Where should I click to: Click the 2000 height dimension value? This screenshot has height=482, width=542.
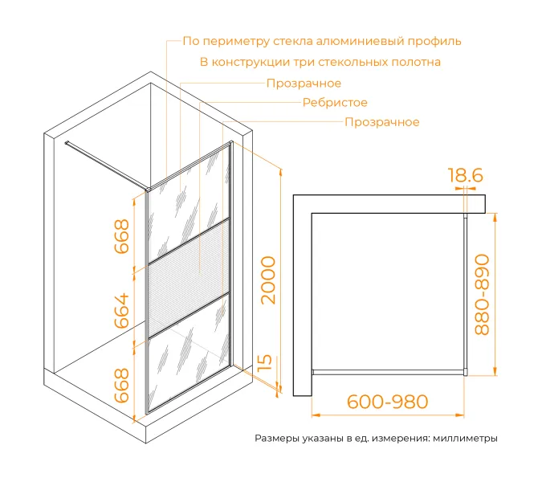pos(268,280)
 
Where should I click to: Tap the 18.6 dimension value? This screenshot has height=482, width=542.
pos(465,175)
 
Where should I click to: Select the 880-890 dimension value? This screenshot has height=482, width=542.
pos(483,295)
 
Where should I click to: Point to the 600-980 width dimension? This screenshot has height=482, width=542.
pos(388,402)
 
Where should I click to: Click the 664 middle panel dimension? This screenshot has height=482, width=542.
pos(122,311)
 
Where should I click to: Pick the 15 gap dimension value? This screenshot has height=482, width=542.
pos(266,363)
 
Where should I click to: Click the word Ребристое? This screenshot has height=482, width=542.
pos(335,103)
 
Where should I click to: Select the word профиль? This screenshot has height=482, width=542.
pos(434,41)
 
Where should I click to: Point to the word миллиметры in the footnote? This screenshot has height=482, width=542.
pos(465,439)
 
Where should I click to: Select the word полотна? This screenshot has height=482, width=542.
pos(416,62)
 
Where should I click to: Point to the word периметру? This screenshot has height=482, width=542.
pos(236,42)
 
